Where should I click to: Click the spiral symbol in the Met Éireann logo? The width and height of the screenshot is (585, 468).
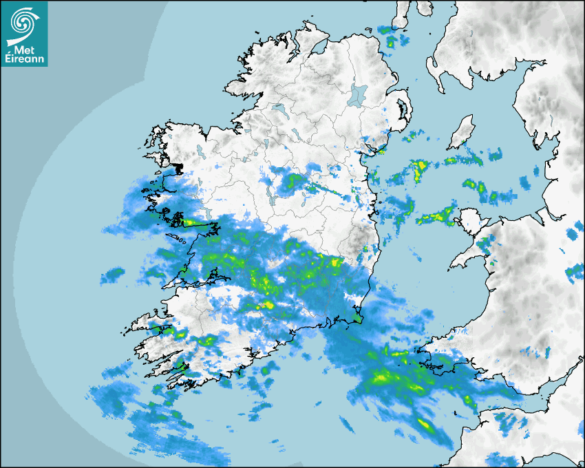click(x=23, y=23)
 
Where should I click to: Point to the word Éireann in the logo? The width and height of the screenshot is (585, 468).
click(x=24, y=59)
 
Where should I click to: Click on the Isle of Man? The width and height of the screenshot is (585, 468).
click(x=462, y=132)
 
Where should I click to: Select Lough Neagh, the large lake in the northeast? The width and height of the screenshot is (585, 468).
click(x=358, y=94)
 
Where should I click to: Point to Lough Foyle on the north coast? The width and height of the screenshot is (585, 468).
click(x=318, y=47)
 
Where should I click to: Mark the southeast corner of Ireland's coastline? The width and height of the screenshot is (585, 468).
click(x=359, y=319)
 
